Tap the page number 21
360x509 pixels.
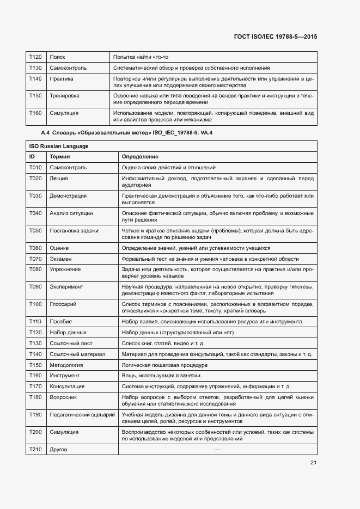pyautogui.click(x=313, y=463)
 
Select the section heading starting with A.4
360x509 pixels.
pyautogui.click(x=126, y=133)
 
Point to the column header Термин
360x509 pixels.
pyautogui.click(x=59, y=156)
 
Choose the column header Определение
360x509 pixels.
pyautogui.click(x=140, y=156)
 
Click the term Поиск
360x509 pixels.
pyautogui.click(x=57, y=57)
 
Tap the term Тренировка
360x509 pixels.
pyautogui.click(x=64, y=96)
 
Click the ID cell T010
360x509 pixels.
pyautogui.click(x=35, y=168)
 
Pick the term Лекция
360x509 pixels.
pyautogui.click(x=59, y=178)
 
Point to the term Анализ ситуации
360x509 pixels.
pyautogui.click(x=71, y=213)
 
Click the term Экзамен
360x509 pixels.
pyautogui.click(x=60, y=259)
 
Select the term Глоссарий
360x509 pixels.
pyautogui.click(x=63, y=304)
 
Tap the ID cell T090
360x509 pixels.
pyautogui.click(x=35, y=286)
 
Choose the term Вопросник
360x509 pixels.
pyautogui.click(x=63, y=397)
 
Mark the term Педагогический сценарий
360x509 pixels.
pyautogui.click(x=82, y=414)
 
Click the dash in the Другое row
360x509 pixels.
pyautogui.click(x=218, y=450)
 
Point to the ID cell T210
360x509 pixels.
pyautogui.click(x=35, y=450)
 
